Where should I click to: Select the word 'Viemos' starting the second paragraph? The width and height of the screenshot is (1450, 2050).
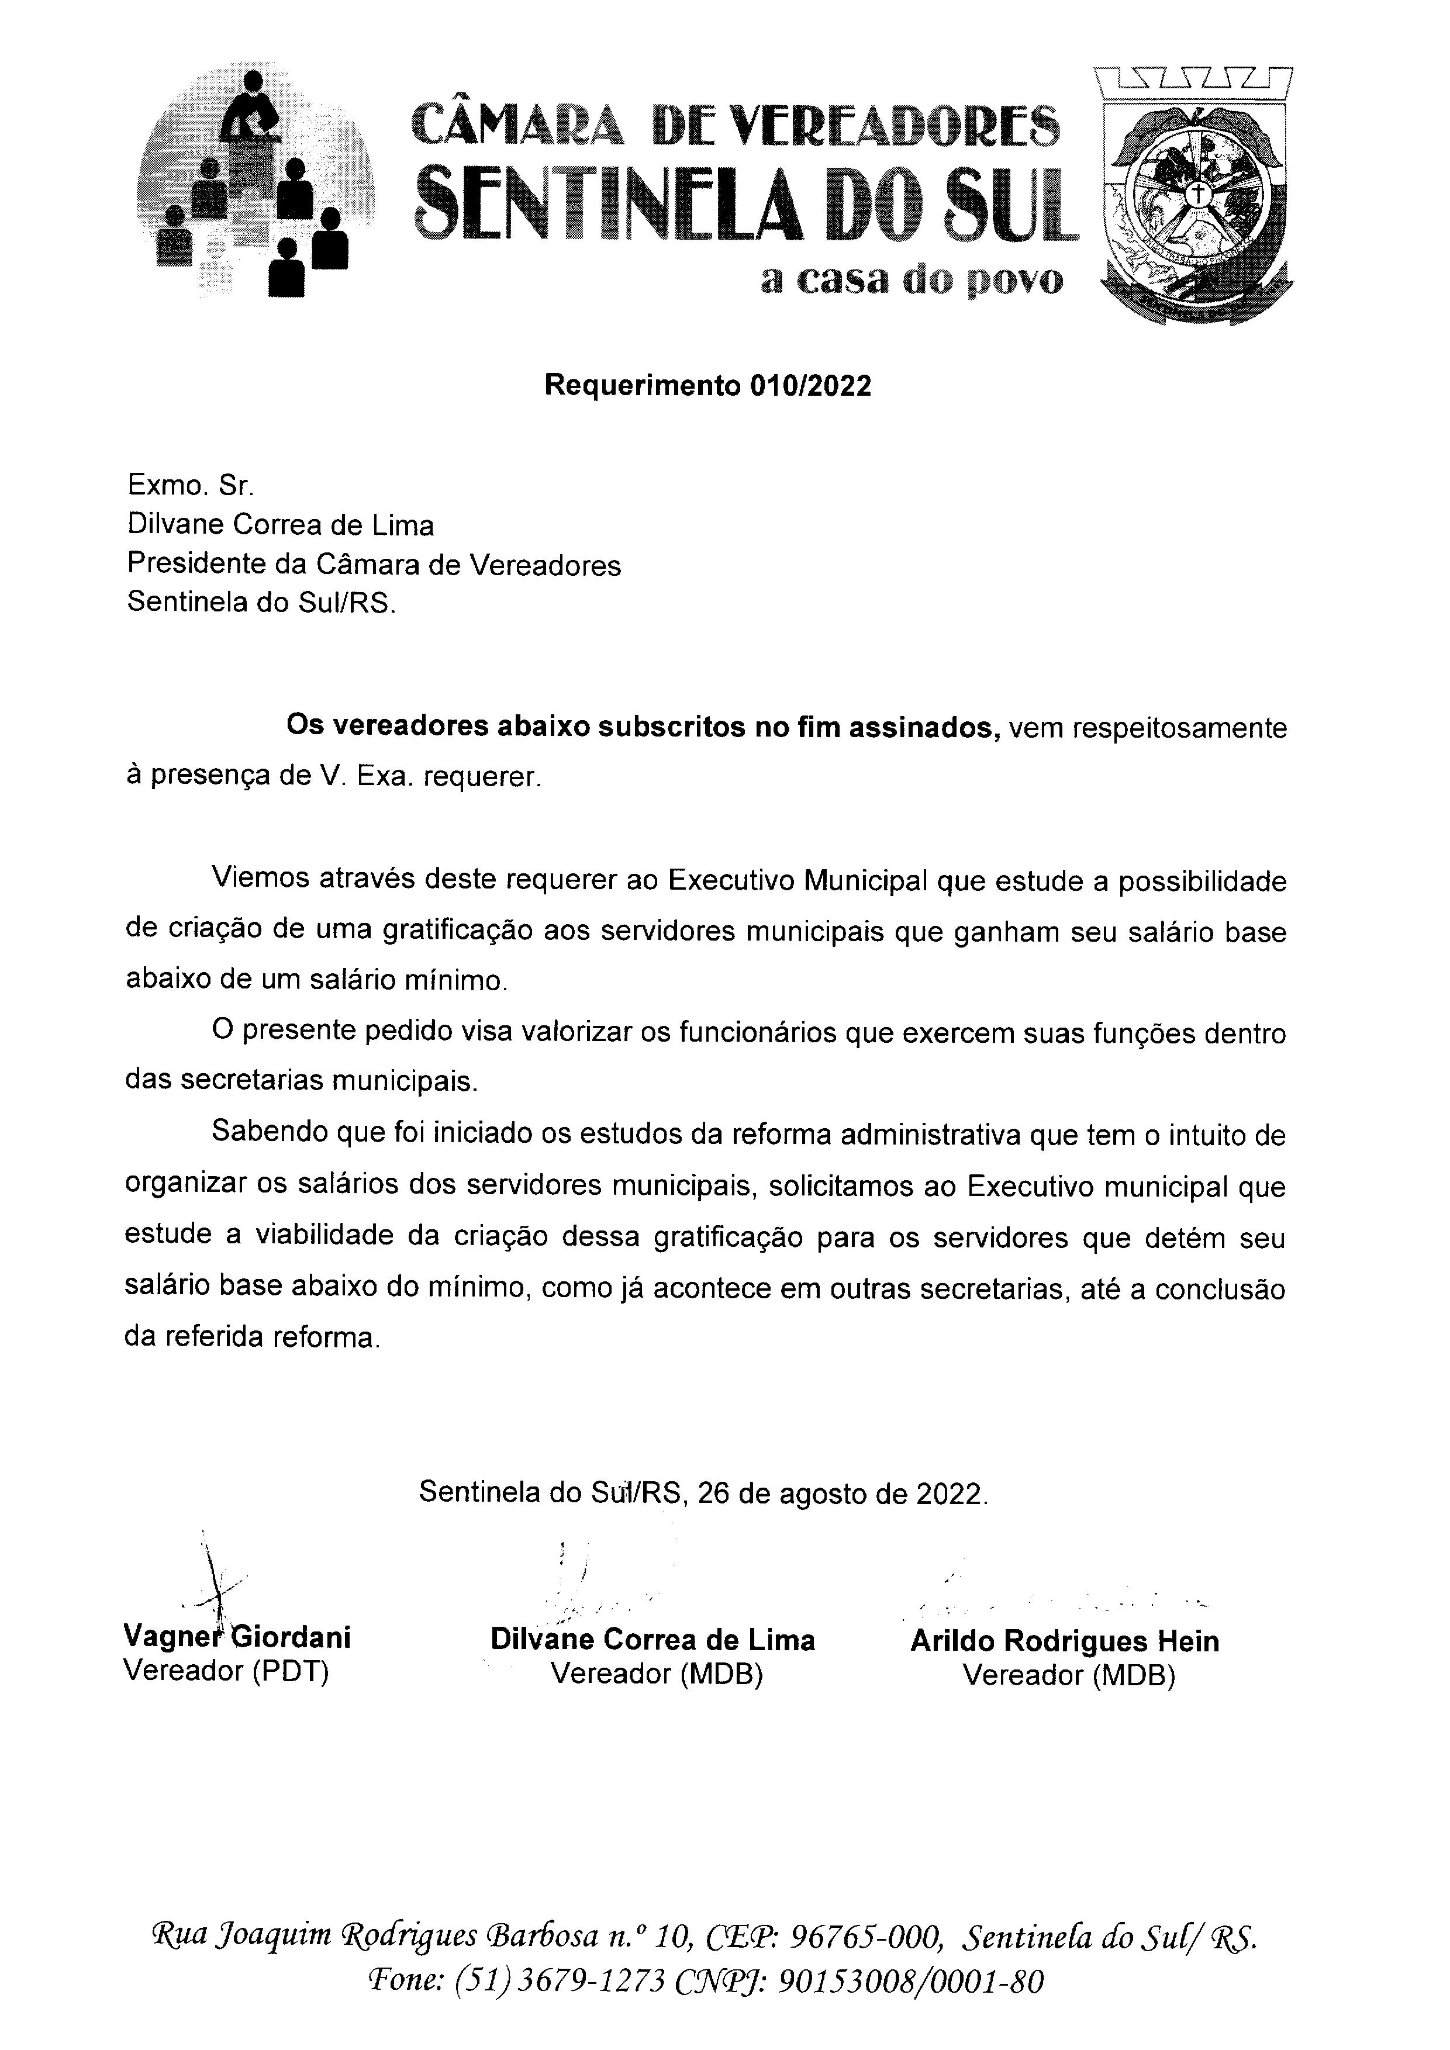click(x=263, y=881)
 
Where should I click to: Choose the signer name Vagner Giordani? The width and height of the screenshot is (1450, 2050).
click(x=237, y=1637)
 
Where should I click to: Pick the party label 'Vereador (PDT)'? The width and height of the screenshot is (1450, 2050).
click(x=226, y=1671)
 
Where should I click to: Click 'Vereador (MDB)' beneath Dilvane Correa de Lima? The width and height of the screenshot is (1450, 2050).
click(x=656, y=1673)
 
